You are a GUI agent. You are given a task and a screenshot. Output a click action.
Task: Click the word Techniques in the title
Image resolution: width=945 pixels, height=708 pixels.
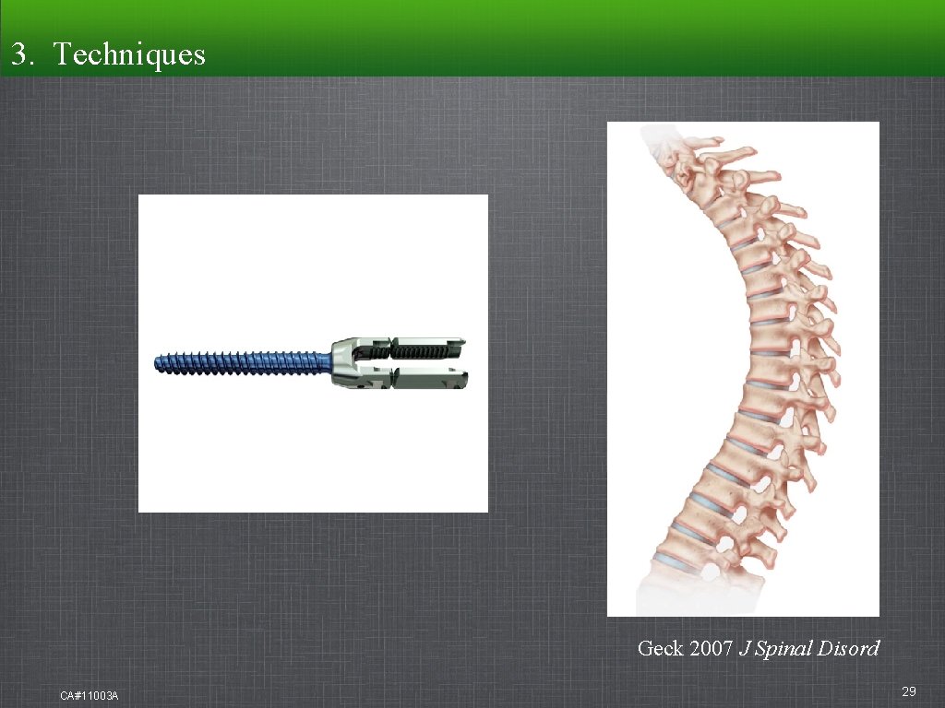[x=129, y=54]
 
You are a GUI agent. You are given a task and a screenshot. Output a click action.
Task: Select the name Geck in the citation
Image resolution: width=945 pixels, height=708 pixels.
[x=660, y=648]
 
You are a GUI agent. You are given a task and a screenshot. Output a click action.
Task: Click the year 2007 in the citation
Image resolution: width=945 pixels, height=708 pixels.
[x=711, y=648]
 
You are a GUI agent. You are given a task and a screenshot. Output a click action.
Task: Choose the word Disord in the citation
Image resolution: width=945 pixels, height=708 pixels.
[x=849, y=648]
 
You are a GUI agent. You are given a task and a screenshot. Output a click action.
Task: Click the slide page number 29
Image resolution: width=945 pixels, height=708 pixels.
[x=908, y=691]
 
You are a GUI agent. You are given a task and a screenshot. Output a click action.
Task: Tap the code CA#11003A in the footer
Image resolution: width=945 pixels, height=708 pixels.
[x=89, y=694]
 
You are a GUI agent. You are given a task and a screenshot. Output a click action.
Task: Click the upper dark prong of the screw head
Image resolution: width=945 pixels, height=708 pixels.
[x=425, y=348]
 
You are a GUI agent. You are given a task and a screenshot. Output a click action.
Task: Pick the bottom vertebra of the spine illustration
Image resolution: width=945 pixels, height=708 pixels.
[x=701, y=576]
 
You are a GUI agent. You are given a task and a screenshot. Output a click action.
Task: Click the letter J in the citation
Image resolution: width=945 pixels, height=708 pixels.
[x=744, y=648]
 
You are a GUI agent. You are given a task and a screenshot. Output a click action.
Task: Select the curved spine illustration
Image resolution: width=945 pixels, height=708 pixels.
[x=743, y=369]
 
